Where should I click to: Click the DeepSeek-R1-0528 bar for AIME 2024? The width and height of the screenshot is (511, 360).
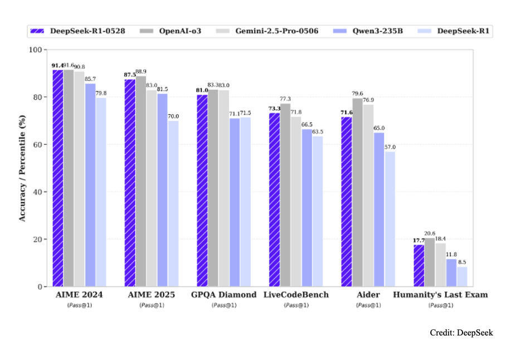click(x=57, y=178)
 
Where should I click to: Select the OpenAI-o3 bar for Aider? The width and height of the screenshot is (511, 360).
click(x=357, y=192)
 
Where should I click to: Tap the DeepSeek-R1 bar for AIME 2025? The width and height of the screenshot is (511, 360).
click(x=173, y=204)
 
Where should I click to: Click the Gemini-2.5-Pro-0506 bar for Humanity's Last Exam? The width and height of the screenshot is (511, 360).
click(x=440, y=265)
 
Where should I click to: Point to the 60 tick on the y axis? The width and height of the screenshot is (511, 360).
click(x=38, y=144)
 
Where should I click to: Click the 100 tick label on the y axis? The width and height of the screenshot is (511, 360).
click(x=36, y=50)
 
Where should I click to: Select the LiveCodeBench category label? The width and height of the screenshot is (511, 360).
click(x=296, y=294)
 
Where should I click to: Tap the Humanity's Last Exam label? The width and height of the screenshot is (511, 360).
click(x=440, y=294)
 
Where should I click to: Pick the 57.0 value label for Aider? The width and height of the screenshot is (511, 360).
click(x=391, y=147)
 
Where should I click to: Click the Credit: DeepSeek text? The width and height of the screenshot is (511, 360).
click(x=461, y=333)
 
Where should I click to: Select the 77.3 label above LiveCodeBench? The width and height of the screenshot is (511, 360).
click(x=285, y=99)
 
